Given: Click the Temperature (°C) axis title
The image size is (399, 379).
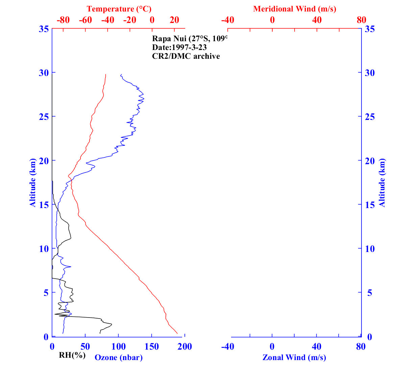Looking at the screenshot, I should tap(119, 9).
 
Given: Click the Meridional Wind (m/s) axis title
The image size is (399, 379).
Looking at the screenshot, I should tap(295, 9).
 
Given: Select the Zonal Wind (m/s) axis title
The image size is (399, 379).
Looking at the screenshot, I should tap(294, 357).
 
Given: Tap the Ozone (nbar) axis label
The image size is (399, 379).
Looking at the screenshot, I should tap(119, 357).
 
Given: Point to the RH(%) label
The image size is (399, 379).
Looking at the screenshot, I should tap(72, 355).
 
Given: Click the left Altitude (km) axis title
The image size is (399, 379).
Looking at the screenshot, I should tap(32, 182).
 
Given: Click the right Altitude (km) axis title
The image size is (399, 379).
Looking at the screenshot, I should tap(382, 182).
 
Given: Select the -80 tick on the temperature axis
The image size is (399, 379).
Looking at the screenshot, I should tap(63, 20).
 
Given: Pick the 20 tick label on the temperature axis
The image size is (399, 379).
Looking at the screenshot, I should tap(174, 20).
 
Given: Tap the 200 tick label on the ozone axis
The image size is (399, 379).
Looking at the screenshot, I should tap(185, 347).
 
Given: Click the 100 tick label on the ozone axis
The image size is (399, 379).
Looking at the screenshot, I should tap(119, 347).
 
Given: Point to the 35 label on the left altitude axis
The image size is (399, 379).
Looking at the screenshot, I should tap(43, 29).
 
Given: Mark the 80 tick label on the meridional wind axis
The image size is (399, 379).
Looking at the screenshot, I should tap(361, 20).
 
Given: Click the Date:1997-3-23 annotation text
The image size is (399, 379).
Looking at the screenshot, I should tap(179, 47).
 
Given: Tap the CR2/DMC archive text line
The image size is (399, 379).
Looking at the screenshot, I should tap(186, 56).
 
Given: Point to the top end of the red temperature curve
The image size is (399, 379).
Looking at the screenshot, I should tap(106, 74).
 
